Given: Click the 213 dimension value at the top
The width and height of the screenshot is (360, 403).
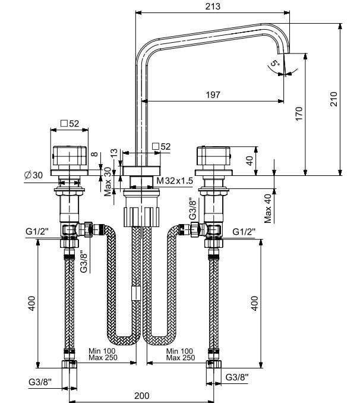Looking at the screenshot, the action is [x=213, y=6].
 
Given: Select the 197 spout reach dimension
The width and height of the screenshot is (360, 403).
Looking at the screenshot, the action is [x=213, y=95].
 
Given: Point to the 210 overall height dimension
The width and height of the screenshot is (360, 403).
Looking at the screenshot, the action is [x=334, y=99].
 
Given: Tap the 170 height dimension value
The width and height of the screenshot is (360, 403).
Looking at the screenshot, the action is [x=299, y=114].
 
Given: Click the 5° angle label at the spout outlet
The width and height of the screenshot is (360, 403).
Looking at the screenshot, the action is [x=274, y=63].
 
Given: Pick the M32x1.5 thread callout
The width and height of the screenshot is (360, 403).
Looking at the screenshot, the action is [x=175, y=181].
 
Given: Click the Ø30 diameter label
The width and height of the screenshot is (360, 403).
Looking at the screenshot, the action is [x=33, y=175].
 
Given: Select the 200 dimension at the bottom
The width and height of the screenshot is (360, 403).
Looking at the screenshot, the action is [x=141, y=395].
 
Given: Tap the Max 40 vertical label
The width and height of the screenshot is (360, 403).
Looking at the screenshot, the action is [x=267, y=209].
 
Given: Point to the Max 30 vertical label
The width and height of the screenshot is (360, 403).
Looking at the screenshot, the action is [x=108, y=182].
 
